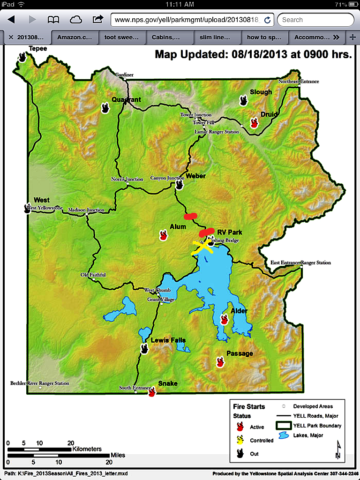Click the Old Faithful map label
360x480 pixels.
93,275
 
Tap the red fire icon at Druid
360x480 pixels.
254,123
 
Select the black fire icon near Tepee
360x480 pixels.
22,57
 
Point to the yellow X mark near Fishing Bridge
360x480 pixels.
202,247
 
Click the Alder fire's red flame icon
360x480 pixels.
224,320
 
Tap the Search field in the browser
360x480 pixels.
315,20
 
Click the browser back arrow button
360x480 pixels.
11,20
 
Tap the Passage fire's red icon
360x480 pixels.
220,362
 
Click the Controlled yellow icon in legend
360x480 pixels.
240,440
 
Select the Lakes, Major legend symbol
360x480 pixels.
284,435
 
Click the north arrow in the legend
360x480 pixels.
337,450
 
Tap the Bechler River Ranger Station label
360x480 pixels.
40,383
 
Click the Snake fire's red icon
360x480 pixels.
151,392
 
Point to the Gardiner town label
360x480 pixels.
125,75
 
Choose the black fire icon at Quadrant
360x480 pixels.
105,108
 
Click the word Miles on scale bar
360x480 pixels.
118,455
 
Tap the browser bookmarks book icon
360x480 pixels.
53,20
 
